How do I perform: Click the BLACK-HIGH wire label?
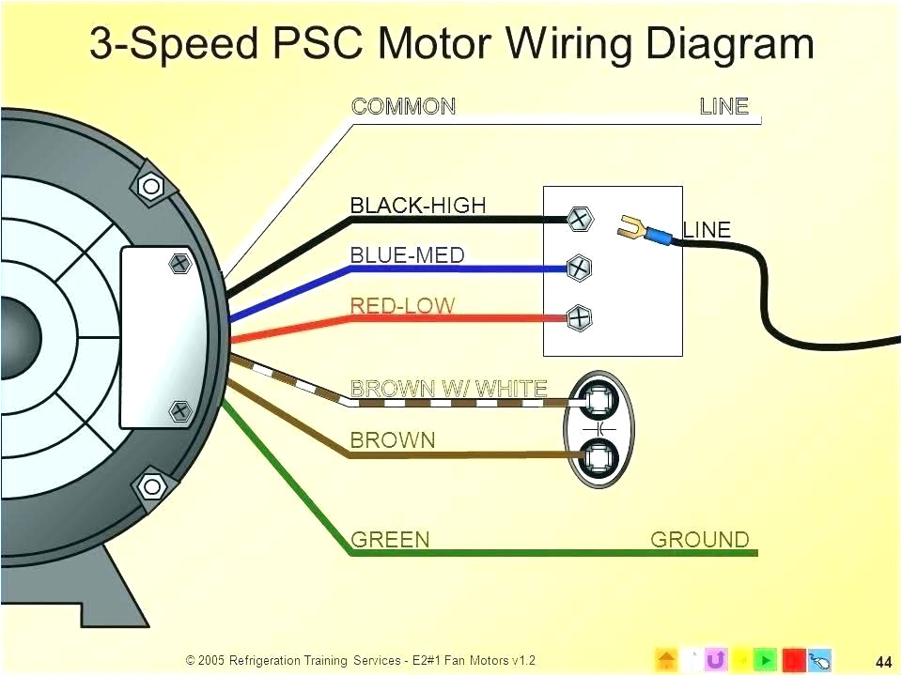click(x=418, y=205)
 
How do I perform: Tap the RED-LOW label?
click(x=402, y=305)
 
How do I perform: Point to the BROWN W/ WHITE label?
click(x=448, y=387)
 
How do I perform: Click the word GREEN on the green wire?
click(x=390, y=539)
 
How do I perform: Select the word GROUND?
click(x=700, y=539)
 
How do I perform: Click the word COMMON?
click(x=403, y=106)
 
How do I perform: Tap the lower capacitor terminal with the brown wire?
click(x=598, y=457)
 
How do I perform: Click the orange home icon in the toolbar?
click(x=665, y=659)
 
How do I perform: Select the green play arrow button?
click(x=767, y=659)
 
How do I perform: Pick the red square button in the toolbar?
click(x=792, y=659)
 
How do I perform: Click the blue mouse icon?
click(x=818, y=659)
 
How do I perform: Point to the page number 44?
click(x=882, y=659)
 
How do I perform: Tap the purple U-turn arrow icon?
click(x=716, y=659)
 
